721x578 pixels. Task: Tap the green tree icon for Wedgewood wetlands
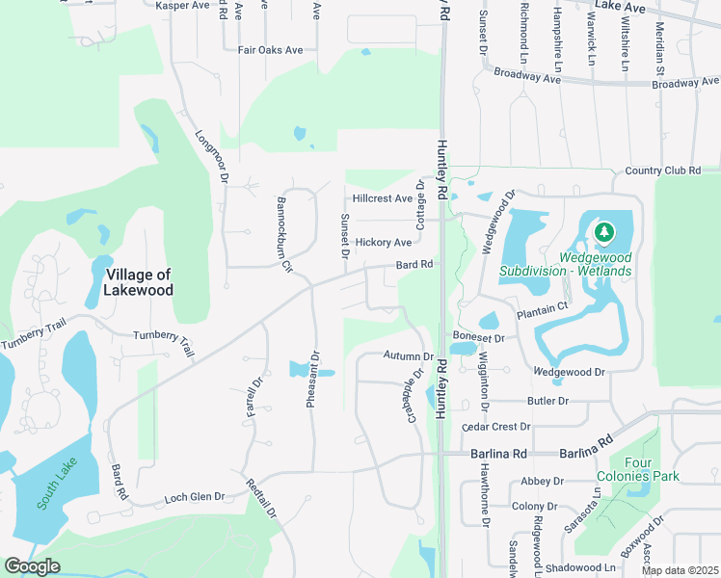point(604,232)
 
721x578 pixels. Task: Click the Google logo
point(32,566)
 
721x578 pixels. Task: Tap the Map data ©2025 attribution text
point(681,570)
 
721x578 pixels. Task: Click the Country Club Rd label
point(662,171)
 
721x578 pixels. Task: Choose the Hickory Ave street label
point(383,242)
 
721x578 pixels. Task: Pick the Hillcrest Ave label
point(383,197)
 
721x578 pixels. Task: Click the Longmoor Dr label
point(212,157)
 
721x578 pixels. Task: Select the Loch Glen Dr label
point(195,497)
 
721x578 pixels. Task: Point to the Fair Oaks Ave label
point(271,50)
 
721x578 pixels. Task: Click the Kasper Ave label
point(182,6)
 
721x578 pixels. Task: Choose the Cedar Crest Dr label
point(496,426)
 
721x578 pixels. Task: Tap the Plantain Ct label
point(543,309)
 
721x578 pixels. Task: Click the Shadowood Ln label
point(578,567)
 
